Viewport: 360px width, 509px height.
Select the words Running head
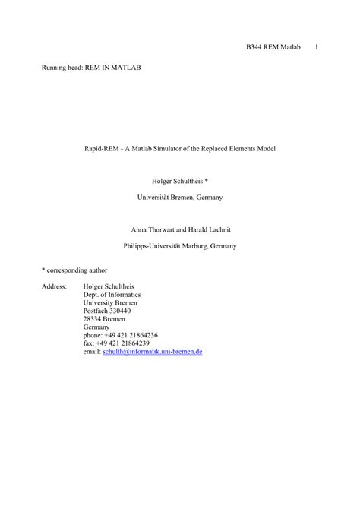[60, 68]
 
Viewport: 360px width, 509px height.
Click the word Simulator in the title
[175, 148]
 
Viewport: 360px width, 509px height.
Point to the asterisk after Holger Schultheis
[207, 182]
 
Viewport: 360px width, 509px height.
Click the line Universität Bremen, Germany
[180, 197]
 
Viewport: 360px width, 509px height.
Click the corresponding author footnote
[74, 270]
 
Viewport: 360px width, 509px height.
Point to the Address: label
[55, 286]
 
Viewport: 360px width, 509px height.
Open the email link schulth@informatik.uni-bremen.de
[152, 352]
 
